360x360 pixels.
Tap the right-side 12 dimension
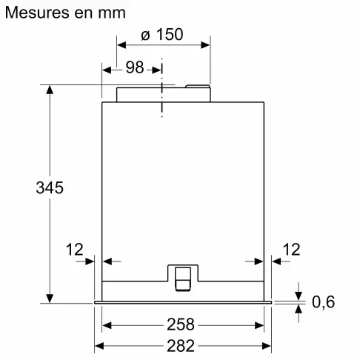[291, 249]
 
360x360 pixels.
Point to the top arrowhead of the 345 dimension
[50, 90]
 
